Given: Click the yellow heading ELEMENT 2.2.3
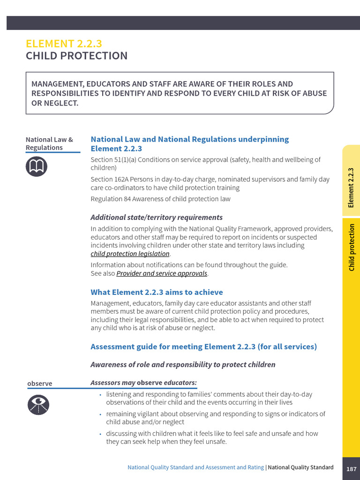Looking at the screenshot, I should pos(64,44).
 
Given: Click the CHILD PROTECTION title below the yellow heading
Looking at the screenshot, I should pos(76,56).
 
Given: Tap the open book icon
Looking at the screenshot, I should pos(37,166).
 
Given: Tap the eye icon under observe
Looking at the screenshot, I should pos(37,405).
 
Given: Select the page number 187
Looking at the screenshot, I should pos(351,469).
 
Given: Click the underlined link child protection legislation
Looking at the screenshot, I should pos(130,254).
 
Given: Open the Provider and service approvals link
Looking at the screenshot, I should pos(162,273).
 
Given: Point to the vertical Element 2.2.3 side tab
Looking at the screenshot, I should pos(351,187).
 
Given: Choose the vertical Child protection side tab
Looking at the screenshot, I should pos(351,247).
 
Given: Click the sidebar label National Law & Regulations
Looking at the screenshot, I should pos(49,143).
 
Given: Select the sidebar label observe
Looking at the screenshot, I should pos(40,383).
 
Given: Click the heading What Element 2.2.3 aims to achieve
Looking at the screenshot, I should pos(157,292).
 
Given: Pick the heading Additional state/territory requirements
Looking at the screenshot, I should pos(156,217).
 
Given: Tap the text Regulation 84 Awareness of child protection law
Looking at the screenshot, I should pos(160,199).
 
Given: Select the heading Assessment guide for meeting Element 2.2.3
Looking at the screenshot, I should pos(203,346).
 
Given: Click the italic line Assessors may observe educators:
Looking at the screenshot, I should pos(143,383).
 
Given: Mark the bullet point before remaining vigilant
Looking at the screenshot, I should pos(100,414).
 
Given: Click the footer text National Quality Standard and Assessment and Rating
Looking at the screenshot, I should pos(195,467).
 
